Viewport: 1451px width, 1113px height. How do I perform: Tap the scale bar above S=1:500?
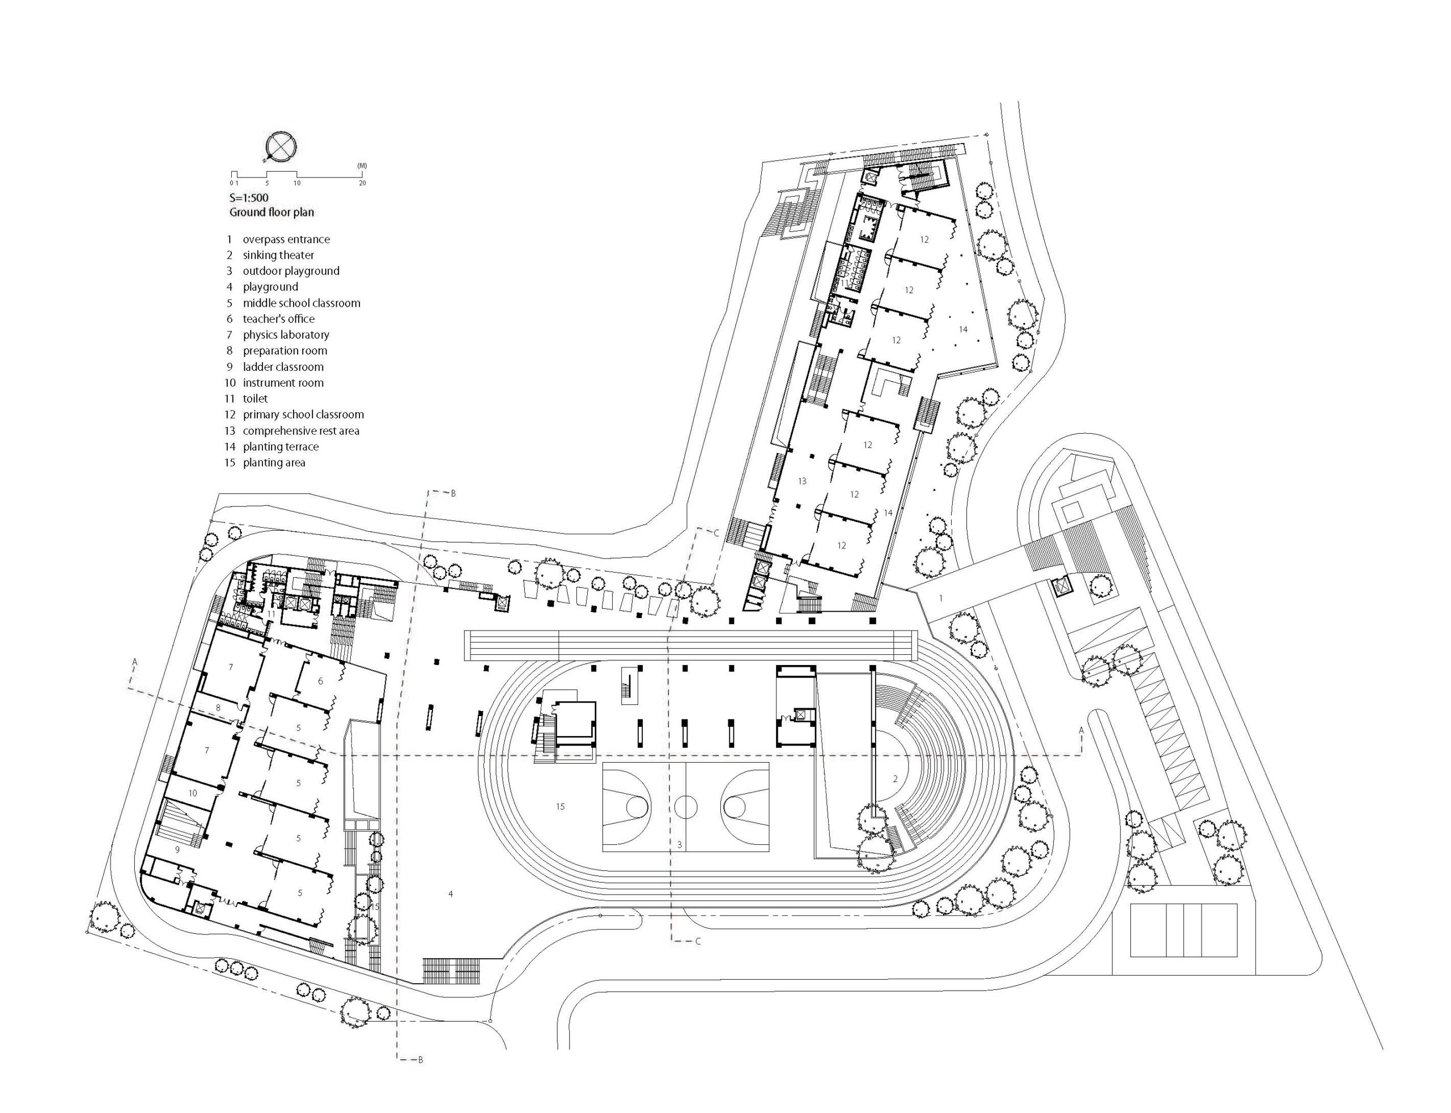(x=298, y=173)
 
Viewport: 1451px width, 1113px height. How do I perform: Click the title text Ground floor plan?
(x=271, y=212)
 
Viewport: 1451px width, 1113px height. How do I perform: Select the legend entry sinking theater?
(x=278, y=255)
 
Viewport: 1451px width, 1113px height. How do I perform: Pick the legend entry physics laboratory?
(x=286, y=335)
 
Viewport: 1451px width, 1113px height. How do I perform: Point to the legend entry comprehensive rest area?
(x=300, y=430)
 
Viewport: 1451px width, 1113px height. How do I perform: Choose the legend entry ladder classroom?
(x=283, y=366)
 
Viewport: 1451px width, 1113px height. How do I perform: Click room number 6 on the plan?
(x=321, y=681)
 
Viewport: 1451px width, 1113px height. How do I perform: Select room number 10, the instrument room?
(x=193, y=793)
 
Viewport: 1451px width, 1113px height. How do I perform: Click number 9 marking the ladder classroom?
(x=177, y=849)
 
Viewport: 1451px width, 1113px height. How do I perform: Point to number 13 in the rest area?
(x=801, y=481)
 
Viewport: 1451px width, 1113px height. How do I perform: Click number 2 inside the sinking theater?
(x=895, y=779)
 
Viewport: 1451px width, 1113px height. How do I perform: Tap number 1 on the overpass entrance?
(x=940, y=598)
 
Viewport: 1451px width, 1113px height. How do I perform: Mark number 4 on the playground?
(x=451, y=894)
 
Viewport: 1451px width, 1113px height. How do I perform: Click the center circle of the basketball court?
(x=686, y=806)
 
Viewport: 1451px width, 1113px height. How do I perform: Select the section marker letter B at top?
(x=453, y=493)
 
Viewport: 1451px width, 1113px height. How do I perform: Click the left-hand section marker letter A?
(x=134, y=661)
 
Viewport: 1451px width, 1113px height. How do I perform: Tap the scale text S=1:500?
(x=248, y=197)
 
